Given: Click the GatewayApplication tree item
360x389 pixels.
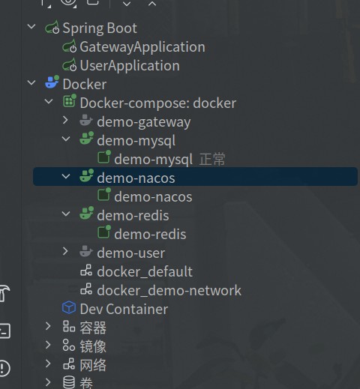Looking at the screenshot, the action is (142, 47).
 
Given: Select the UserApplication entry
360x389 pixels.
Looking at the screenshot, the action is (130, 66).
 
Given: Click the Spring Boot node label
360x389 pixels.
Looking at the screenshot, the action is (100, 28).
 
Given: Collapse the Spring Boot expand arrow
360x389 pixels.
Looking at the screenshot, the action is (31, 26).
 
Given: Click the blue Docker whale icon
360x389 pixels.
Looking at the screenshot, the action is (52, 82).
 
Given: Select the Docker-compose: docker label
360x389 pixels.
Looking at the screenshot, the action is (158, 103).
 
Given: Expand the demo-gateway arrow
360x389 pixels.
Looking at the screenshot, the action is (65, 120).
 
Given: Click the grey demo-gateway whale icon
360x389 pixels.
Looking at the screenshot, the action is (86, 120).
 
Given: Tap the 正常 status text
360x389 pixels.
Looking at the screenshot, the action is (212, 159).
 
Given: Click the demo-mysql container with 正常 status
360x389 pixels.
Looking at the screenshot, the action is (153, 160).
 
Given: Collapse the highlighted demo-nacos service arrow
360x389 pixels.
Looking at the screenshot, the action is (66, 176).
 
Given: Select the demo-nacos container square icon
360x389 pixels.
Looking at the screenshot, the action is (104, 194).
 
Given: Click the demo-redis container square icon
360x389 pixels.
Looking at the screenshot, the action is (104, 232).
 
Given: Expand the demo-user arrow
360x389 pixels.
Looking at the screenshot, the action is (65, 251).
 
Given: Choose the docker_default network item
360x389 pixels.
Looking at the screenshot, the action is (145, 271).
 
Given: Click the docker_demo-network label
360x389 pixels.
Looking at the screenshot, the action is (169, 291).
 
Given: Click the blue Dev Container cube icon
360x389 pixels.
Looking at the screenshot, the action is (69, 307).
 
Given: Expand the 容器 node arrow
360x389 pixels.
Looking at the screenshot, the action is (48, 326).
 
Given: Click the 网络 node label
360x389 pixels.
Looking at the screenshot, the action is (93, 365).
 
